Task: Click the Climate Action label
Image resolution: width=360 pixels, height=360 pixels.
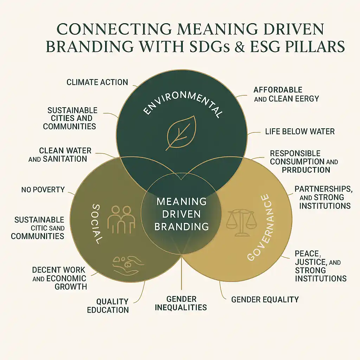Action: (97, 83)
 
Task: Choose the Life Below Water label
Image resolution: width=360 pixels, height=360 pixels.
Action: (300, 131)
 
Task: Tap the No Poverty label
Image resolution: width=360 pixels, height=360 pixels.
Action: (43, 190)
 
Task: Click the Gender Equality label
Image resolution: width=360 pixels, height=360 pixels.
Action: (265, 300)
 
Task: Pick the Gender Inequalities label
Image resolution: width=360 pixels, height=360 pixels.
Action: (182, 303)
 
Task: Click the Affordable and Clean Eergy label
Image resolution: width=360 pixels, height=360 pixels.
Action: (286, 94)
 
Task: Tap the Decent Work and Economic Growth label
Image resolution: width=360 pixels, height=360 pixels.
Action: (59, 278)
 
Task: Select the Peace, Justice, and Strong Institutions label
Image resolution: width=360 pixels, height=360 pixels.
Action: (320, 266)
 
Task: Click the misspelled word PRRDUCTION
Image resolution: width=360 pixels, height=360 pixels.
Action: (306, 170)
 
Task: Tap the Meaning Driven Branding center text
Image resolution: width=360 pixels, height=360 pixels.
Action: (181, 214)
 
